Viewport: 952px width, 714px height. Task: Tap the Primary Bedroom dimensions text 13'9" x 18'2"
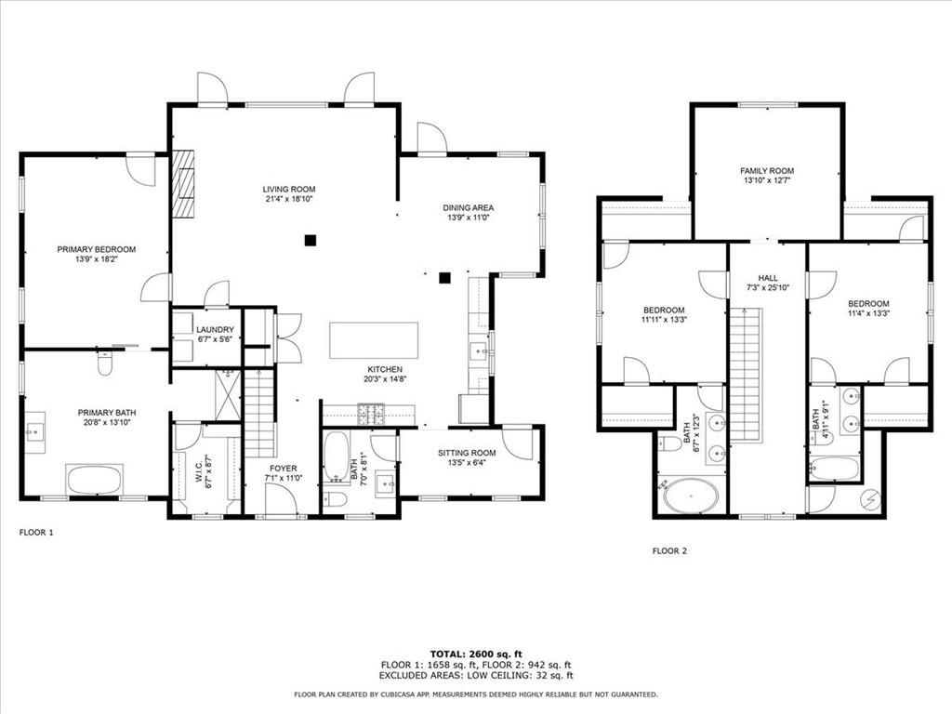click(x=96, y=259)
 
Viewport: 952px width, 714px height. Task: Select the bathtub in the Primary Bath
click(x=94, y=480)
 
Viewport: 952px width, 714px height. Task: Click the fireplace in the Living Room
click(x=184, y=183)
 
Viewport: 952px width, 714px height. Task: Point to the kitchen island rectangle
click(x=373, y=341)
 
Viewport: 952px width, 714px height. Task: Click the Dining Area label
click(x=468, y=207)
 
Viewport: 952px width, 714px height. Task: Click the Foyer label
click(x=283, y=468)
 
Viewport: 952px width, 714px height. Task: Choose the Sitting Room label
click(x=467, y=453)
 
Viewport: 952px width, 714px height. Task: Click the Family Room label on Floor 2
click(x=767, y=171)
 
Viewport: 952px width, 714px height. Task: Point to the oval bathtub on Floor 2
click(x=691, y=496)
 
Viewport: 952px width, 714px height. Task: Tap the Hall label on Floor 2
click(x=767, y=278)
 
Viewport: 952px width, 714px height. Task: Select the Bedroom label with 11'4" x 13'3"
click(x=867, y=304)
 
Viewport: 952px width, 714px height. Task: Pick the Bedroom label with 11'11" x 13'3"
click(x=664, y=310)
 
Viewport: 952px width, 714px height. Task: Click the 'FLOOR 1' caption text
click(x=37, y=533)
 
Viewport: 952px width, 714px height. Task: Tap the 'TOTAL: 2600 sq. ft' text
click(x=476, y=653)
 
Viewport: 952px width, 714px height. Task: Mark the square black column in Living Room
click(x=310, y=240)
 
